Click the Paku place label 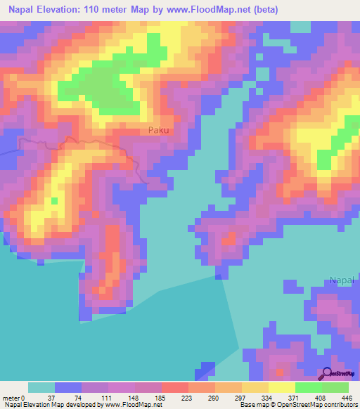159,130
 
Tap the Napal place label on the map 344,281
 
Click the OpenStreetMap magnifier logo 328,373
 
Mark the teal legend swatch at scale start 41,387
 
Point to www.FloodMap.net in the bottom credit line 132,405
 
